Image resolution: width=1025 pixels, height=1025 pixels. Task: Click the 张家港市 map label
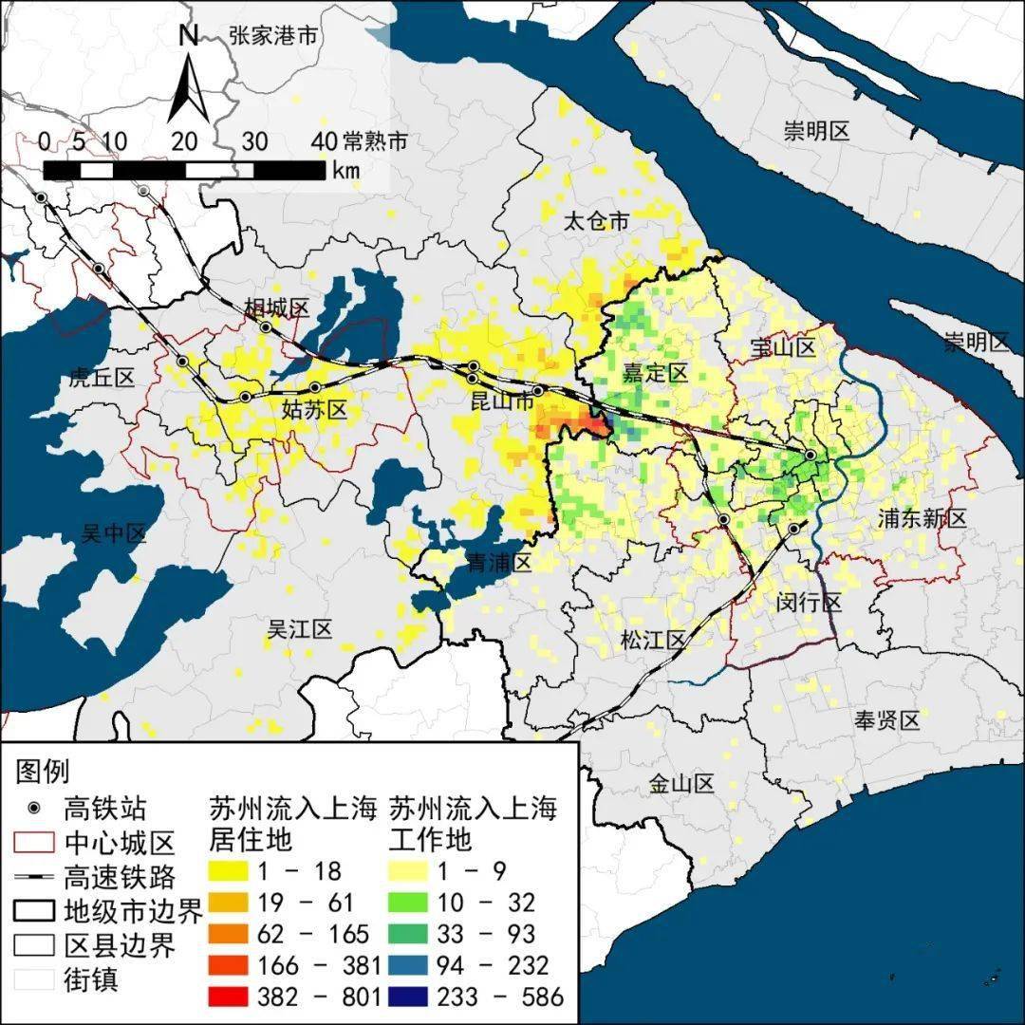click(272, 36)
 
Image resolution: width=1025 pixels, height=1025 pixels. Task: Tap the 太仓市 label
click(596, 222)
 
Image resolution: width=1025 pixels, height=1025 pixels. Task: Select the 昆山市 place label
click(503, 402)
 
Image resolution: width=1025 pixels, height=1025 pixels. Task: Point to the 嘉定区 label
click(654, 373)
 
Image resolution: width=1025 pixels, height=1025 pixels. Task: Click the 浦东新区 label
click(922, 518)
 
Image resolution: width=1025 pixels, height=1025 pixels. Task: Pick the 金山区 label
click(681, 784)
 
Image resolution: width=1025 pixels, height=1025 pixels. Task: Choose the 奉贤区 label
click(887, 720)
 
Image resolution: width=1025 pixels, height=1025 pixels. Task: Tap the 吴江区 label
click(299, 628)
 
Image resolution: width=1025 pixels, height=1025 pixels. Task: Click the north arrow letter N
click(188, 36)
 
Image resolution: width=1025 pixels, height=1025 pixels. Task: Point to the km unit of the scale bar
click(345, 170)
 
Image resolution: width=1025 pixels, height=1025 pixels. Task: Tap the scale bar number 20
click(184, 141)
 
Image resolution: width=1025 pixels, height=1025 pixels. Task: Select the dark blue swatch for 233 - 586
click(419, 996)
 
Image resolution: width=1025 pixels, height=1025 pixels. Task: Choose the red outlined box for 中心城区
click(34, 842)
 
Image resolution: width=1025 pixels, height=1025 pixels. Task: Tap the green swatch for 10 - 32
click(419, 903)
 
